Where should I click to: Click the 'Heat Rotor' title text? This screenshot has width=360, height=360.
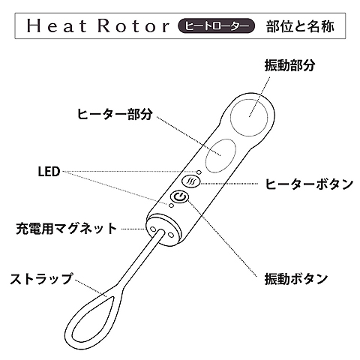pos(98,26)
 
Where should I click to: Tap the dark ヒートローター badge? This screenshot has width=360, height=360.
pos(216,26)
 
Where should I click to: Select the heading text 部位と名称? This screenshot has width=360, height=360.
pos(300,26)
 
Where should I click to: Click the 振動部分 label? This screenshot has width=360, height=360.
pos(289,66)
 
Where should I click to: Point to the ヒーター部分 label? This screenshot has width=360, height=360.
pos(115,114)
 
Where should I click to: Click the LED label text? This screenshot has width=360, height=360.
pos(49,172)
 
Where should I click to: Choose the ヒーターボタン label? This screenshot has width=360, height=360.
pos(309,184)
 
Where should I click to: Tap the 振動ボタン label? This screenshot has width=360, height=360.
pos(296,279)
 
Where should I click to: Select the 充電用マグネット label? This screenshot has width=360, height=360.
pos(67,229)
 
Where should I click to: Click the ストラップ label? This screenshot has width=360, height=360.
pos(41,279)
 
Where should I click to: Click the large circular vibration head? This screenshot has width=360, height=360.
pos(249,117)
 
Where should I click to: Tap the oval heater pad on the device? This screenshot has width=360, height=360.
pos(220,155)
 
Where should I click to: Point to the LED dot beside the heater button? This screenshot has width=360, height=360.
pos(199,172)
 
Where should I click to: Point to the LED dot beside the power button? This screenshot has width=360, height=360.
pos(171,205)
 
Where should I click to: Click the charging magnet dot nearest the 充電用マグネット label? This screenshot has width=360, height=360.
pos(153,229)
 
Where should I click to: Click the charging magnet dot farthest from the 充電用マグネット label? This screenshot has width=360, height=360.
pos(171,235)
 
